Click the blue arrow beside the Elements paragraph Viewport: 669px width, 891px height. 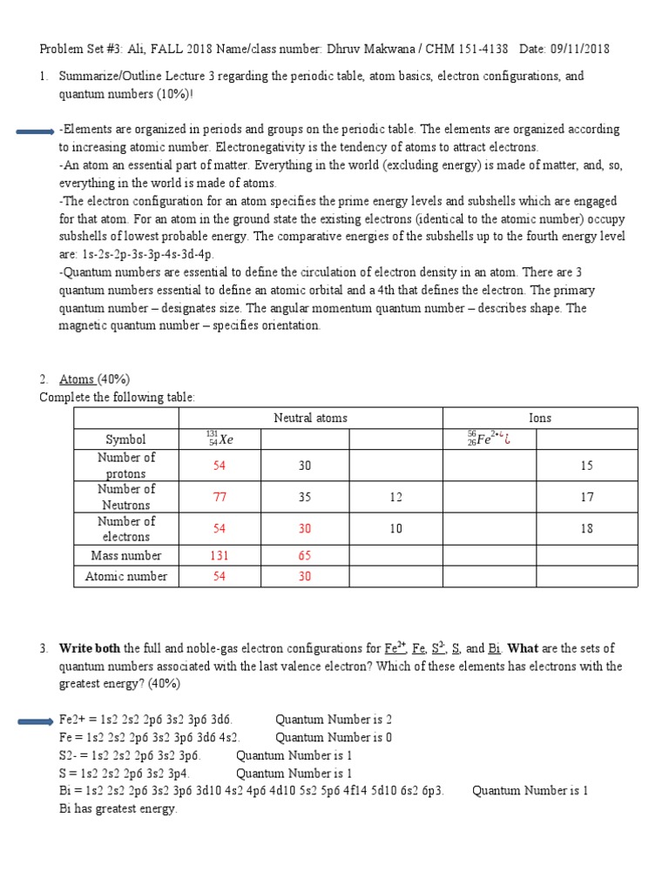tap(36, 131)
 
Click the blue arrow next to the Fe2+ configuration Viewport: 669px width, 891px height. tap(36, 720)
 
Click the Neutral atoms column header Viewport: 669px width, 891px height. tap(310, 418)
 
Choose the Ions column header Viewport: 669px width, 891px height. tap(540, 418)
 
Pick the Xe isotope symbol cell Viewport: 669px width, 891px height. tap(220, 439)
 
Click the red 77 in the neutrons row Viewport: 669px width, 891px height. tap(220, 497)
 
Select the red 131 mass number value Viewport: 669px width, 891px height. tap(220, 555)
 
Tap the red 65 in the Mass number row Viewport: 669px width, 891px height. tap(305, 555)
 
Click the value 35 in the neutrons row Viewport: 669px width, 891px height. tap(305, 497)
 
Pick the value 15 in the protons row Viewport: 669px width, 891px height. tap(586, 466)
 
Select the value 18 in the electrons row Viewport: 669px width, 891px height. tap(586, 528)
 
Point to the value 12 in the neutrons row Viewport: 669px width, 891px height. tap(396, 497)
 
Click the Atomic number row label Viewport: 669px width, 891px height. tap(126, 576)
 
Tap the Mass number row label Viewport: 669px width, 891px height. tap(126, 555)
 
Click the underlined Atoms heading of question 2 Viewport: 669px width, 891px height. tap(77, 379)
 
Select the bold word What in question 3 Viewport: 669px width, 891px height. tap(524, 648)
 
